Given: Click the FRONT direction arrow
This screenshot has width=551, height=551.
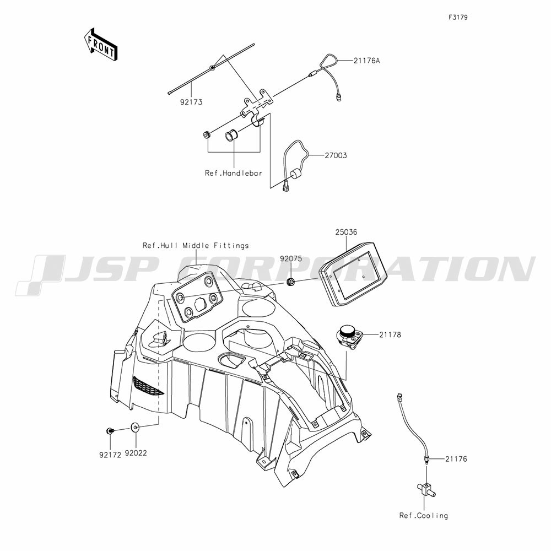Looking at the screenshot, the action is pos(100,44).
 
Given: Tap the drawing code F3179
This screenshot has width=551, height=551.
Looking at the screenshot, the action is pos(458,17).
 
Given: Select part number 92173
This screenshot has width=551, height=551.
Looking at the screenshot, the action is pos(191,102).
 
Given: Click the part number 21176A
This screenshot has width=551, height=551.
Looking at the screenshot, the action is pos(366,61).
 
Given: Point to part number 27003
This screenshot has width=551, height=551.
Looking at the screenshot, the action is pos(336,155).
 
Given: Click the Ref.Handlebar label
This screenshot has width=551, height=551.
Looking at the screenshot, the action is pos(233,173).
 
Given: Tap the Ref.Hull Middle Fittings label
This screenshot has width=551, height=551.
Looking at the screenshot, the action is pos(196,245).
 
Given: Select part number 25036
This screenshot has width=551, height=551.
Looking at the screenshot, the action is pos(346,232).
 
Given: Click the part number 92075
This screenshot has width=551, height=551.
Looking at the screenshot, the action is pos(290,258).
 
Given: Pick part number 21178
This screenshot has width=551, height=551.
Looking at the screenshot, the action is pos(390,334).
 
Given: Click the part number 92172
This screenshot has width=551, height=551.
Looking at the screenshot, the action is pos(110,455).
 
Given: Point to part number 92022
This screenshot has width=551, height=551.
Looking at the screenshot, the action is pos(136,453).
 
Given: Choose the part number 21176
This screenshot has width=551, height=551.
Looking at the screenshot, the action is pos(456,459).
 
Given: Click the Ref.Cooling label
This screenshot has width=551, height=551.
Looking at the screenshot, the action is pos(424,516).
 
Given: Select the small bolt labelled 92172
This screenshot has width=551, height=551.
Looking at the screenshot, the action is pos(110,430).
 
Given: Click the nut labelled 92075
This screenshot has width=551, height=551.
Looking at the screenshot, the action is pos(290,282).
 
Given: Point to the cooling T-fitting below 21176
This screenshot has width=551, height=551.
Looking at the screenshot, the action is pos(426,489).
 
